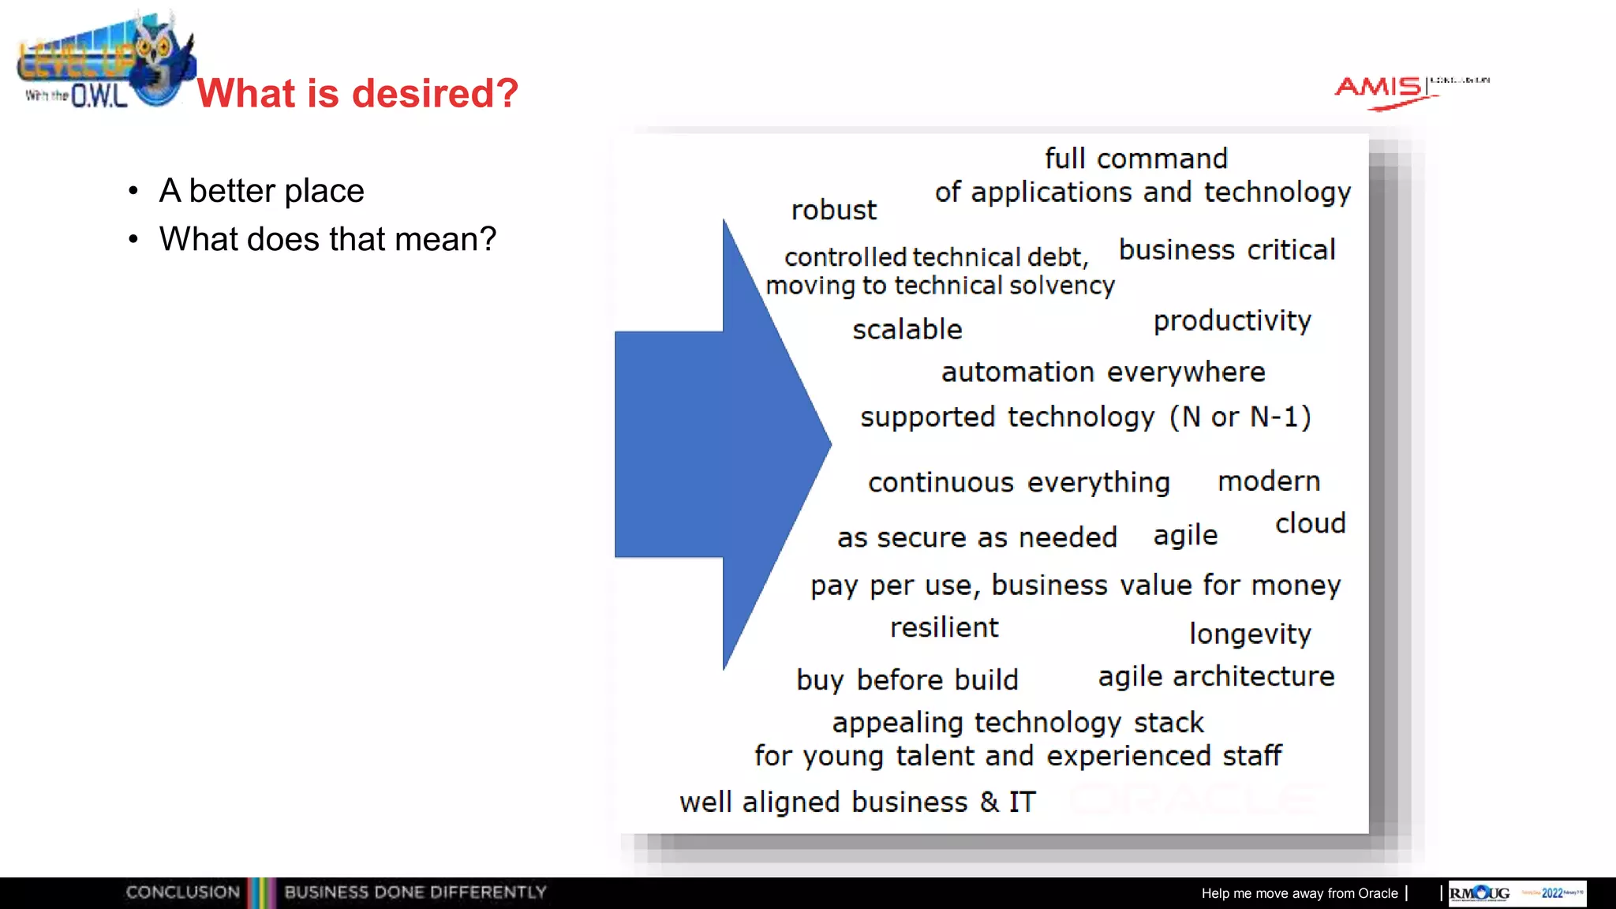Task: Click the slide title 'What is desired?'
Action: tap(357, 93)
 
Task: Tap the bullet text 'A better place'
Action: tap(261, 191)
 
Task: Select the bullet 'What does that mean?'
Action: tap(327, 239)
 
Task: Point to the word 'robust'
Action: tap(833, 210)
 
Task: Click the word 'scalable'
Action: tap(907, 329)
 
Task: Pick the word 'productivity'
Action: tap(1232, 321)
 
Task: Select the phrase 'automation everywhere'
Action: tap(1103, 372)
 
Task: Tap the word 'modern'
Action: tap(1269, 481)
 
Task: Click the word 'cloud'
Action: tap(1310, 523)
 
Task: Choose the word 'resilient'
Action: tap(944, 627)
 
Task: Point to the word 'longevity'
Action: tap(1250, 634)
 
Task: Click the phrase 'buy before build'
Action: tap(907, 679)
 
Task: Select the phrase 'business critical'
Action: tap(1227, 250)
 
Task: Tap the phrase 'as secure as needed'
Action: tap(977, 537)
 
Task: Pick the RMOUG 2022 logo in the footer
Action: tap(1517, 893)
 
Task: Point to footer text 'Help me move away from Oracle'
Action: tap(1300, 893)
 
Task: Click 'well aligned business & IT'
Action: tap(857, 802)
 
